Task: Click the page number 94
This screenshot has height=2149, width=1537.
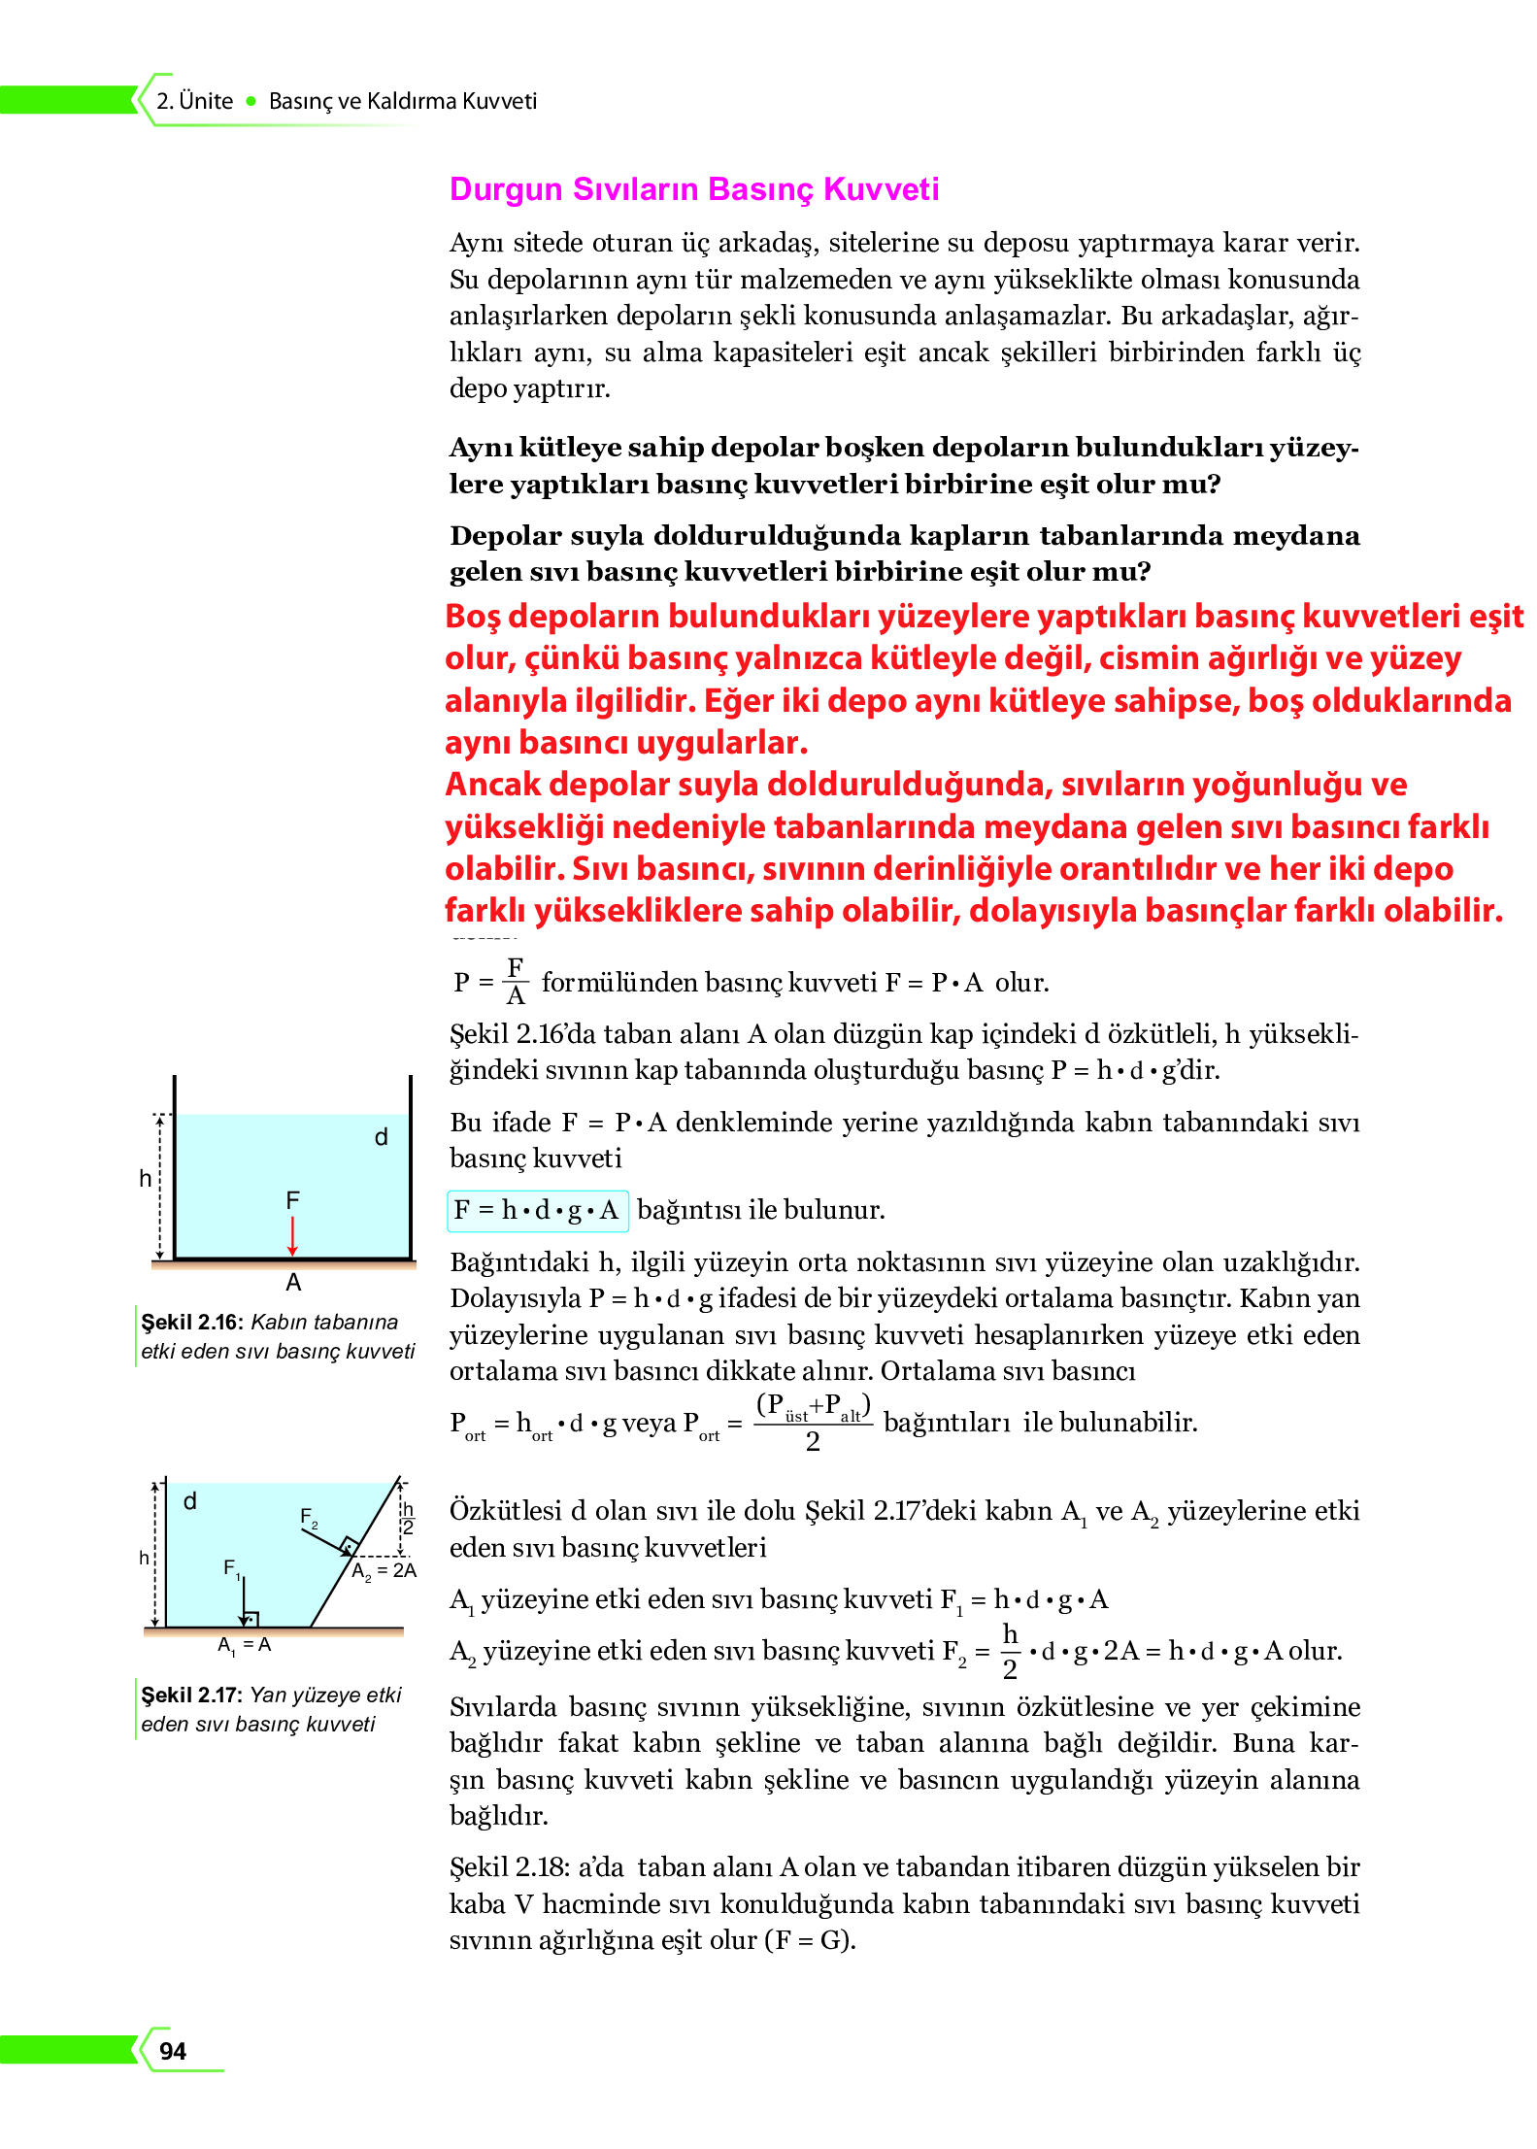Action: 173,2050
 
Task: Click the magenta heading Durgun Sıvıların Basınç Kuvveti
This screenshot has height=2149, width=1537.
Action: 693,188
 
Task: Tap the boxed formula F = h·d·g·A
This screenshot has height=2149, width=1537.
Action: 537,1210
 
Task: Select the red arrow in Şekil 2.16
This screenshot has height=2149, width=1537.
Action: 292,1235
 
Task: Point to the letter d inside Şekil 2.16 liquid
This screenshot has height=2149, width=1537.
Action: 382,1137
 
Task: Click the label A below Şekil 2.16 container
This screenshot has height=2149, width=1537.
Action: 293,1283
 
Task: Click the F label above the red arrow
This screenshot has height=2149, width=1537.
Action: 292,1200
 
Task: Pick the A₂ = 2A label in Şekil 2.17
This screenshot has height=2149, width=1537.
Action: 384,1571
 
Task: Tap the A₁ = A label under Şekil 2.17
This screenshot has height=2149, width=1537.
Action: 244,1645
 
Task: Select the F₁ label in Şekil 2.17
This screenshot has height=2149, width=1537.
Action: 232,1567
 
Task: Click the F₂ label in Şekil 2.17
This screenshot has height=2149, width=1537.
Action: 309,1517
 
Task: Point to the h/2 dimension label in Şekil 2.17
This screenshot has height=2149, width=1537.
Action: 408,1518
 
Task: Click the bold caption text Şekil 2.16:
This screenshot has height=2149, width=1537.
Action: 190,1322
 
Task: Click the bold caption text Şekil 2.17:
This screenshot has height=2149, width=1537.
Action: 190,1695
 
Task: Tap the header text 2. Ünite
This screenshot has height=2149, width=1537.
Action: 194,101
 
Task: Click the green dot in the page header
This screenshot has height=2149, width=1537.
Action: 251,101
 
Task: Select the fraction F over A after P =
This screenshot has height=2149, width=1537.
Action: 516,981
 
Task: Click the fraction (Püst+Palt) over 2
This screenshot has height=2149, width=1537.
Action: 813,1423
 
